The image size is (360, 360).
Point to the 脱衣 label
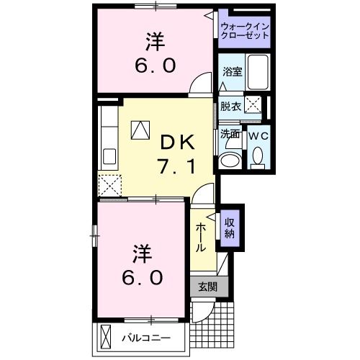[230, 106]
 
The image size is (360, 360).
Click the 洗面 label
[230, 134]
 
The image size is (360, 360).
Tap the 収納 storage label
[229, 228]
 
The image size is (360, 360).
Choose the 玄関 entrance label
[208, 286]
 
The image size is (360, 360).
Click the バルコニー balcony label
[145, 337]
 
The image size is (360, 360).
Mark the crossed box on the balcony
[107, 337]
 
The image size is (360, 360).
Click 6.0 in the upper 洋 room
[155, 66]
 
